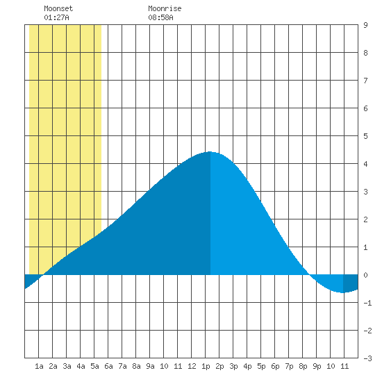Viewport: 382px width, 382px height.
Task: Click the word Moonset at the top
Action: (58, 8)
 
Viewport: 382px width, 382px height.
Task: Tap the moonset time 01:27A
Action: (56, 17)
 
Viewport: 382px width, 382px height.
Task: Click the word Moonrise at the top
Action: (165, 8)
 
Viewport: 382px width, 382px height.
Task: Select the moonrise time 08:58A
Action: (161, 17)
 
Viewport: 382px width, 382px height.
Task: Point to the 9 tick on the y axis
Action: (365, 25)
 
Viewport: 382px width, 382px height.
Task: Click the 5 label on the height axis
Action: (365, 136)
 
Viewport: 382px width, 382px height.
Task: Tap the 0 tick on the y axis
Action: (365, 275)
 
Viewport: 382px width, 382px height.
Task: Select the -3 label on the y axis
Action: (367, 358)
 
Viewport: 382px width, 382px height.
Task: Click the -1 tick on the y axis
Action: (367, 303)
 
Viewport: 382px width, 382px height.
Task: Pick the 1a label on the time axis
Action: (39, 366)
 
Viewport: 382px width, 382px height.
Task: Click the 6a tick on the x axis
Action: (108, 366)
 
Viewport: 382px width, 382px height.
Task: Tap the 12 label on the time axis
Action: (192, 366)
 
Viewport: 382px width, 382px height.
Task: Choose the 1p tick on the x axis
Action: (206, 366)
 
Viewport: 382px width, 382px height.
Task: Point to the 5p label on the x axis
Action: (261, 366)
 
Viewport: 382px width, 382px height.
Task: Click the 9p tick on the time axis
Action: (317, 366)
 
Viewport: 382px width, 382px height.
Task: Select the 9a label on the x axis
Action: (150, 366)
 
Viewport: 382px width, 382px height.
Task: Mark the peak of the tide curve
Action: (210, 152)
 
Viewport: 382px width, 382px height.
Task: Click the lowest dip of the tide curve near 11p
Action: (343, 292)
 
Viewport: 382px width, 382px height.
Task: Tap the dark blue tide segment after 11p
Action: (350, 283)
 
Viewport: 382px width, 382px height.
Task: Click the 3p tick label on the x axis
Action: (233, 366)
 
